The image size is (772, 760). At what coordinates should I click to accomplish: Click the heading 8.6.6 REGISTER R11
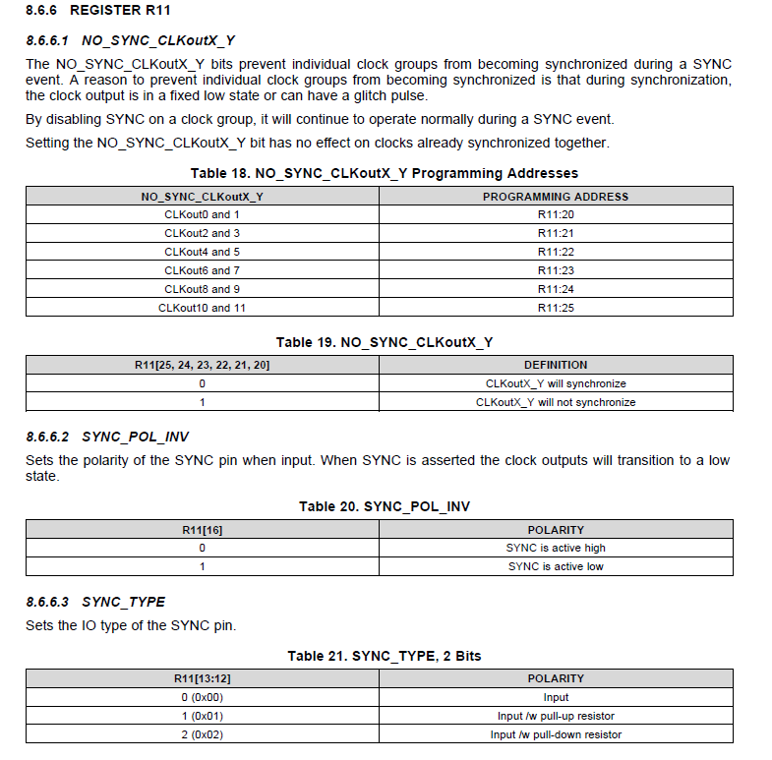click(x=87, y=11)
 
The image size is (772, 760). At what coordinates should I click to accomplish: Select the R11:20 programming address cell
click(x=556, y=214)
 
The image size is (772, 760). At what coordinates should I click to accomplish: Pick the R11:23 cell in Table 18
click(x=556, y=270)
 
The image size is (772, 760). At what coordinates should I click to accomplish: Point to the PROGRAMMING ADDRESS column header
click(x=556, y=197)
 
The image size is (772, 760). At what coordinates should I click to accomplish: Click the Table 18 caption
click(x=385, y=173)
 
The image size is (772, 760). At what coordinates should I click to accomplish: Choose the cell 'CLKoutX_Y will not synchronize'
click(x=556, y=402)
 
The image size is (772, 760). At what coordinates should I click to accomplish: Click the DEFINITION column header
click(x=556, y=365)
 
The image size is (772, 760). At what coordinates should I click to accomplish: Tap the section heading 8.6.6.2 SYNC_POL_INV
click(x=107, y=437)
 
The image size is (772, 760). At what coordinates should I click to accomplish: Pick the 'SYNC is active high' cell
click(x=556, y=548)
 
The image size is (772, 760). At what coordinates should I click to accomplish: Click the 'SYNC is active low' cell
click(x=556, y=566)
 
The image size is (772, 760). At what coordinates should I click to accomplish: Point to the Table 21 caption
click(x=385, y=656)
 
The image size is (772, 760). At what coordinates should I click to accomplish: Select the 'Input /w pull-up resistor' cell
click(x=556, y=716)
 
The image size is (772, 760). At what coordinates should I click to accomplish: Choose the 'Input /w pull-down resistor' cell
click(x=556, y=734)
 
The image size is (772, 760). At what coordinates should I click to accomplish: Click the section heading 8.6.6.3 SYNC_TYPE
click(x=95, y=602)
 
